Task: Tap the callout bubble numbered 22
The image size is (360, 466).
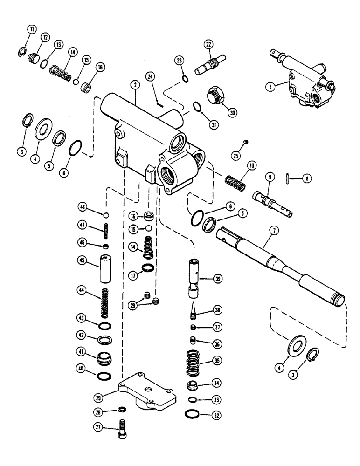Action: pyautogui.click(x=208, y=45)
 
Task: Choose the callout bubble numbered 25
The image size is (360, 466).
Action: pyautogui.click(x=235, y=155)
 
